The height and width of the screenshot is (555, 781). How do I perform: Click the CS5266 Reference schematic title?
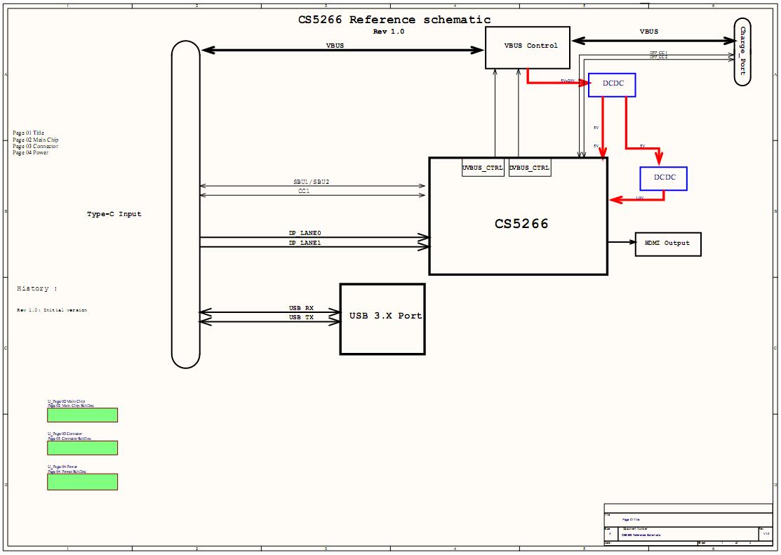tap(394, 20)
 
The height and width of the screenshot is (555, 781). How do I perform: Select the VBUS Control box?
tap(527, 48)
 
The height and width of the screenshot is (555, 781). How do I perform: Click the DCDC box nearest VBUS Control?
tap(612, 85)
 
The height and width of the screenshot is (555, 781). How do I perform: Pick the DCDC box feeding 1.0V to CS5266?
tap(663, 178)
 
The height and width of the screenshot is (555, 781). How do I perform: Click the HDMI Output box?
tap(667, 243)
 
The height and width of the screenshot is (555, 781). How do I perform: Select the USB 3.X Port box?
tap(382, 319)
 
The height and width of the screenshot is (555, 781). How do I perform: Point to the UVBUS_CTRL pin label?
tap(483, 168)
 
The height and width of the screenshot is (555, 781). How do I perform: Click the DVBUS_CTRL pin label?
tap(530, 168)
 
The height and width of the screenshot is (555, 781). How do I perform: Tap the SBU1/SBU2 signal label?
tap(311, 182)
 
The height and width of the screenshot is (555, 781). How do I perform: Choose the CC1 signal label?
tap(304, 190)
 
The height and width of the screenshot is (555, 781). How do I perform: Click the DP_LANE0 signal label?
tap(305, 233)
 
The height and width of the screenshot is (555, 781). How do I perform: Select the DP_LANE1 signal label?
tap(305, 242)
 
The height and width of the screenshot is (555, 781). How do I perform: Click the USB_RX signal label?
tap(301, 308)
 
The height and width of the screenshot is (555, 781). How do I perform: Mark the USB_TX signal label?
tap(301, 317)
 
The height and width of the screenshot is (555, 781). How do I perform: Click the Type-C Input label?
tap(114, 214)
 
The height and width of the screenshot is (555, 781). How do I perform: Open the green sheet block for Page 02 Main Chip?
tap(82, 415)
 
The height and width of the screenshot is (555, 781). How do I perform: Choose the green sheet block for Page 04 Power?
tap(82, 481)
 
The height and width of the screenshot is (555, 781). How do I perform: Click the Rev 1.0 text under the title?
tap(388, 32)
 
